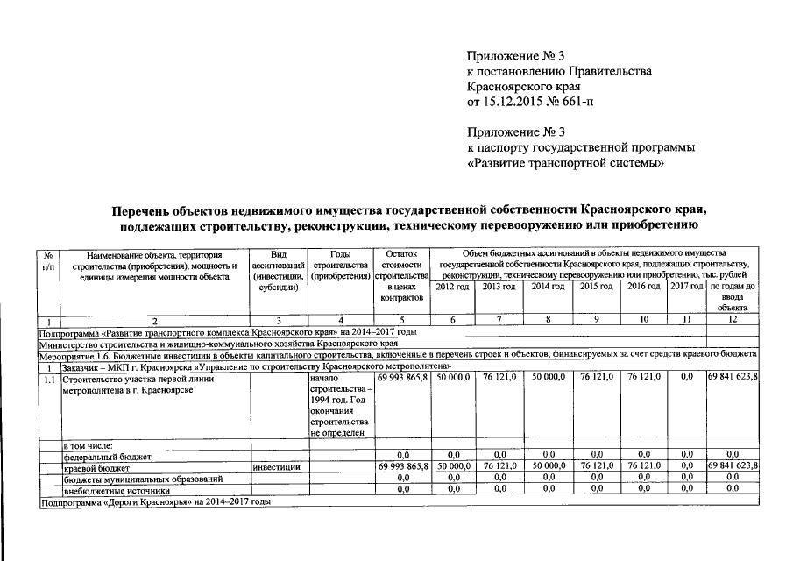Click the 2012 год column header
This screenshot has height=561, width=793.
click(x=452, y=288)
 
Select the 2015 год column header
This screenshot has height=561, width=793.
click(x=596, y=288)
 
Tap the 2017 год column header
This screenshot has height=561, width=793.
click(x=686, y=288)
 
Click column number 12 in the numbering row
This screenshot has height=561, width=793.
click(x=733, y=321)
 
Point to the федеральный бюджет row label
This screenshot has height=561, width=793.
click(x=107, y=456)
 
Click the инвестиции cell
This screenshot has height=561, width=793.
click(x=277, y=467)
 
